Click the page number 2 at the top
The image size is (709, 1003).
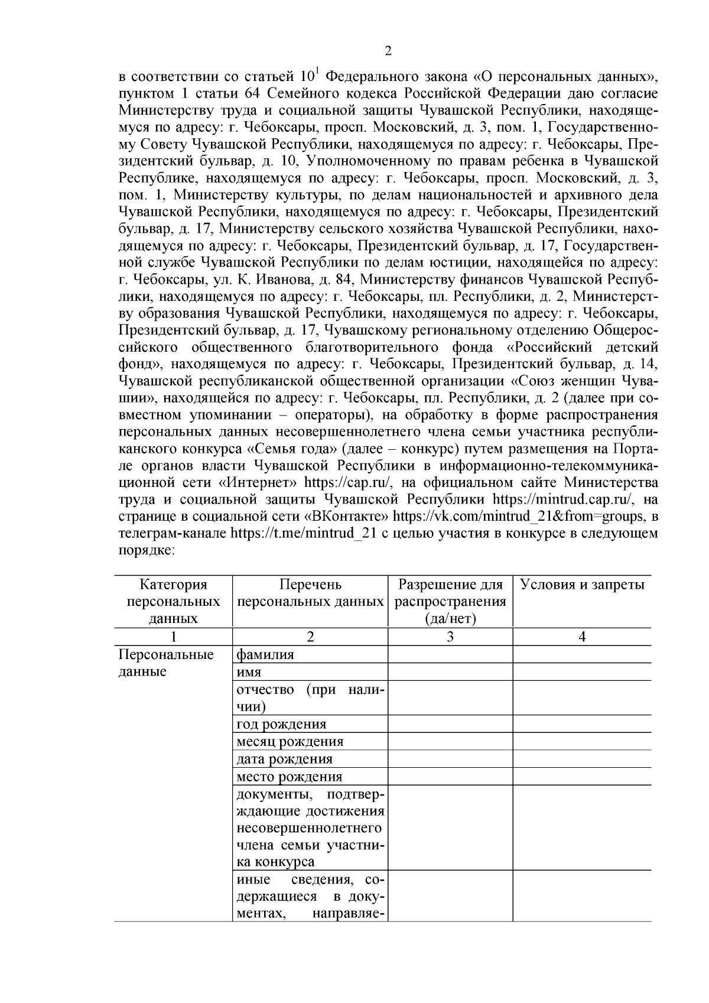click(x=388, y=51)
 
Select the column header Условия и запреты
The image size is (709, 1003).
click(x=581, y=585)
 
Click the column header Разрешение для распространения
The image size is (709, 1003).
click(x=450, y=601)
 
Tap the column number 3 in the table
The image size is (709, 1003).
click(x=450, y=637)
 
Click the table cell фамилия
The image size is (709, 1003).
click(x=265, y=654)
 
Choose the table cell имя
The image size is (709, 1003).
click(x=249, y=672)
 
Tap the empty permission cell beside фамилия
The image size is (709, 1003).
click(x=450, y=654)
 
